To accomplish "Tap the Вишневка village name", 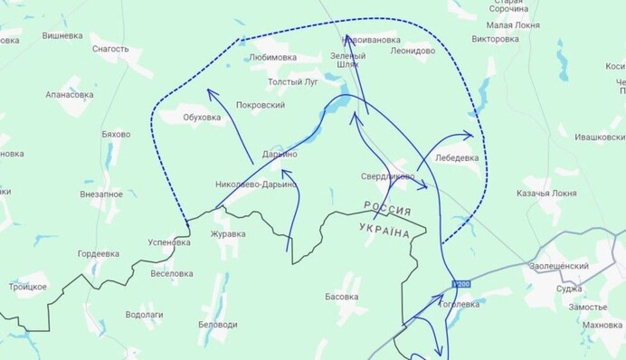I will tap(62, 36).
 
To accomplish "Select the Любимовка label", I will tap(272, 57).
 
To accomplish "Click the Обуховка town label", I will tap(202, 117).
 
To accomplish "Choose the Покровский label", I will tap(261, 105).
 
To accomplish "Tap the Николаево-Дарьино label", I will tap(255, 185).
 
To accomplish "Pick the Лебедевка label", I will tap(458, 157).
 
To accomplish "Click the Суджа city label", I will tap(569, 289).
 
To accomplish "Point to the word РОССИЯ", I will tap(388, 208).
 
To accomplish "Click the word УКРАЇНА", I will tap(384, 231).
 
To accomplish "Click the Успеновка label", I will tap(170, 242).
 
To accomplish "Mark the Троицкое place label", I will tap(28, 287).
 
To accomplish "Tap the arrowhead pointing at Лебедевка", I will tap(469, 137).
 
